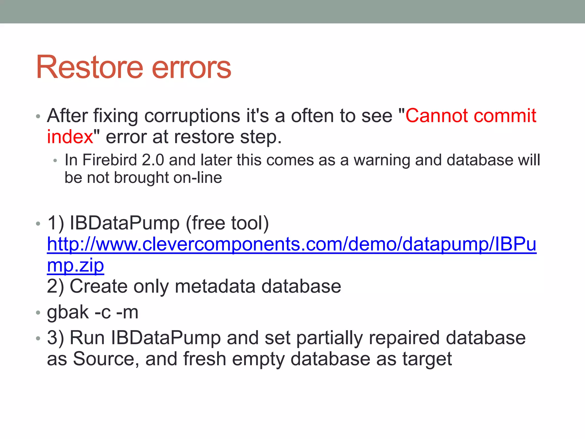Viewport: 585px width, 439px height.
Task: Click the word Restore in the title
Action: [89, 67]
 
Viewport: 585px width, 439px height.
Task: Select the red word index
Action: [70, 137]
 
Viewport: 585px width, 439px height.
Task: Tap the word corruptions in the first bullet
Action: [192, 116]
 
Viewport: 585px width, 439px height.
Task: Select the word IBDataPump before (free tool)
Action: [125, 223]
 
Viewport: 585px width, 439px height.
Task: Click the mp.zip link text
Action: [75, 266]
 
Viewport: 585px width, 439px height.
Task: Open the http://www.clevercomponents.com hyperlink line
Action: [291, 244]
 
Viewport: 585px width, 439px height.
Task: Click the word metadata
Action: [215, 286]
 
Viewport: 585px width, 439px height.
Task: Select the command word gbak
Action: [68, 312]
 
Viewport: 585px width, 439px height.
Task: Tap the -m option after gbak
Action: [127, 312]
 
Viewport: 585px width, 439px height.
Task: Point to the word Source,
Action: [106, 359]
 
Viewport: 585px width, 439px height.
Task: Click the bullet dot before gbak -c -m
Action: [38, 313]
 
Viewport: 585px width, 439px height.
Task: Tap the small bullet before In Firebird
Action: [55, 161]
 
